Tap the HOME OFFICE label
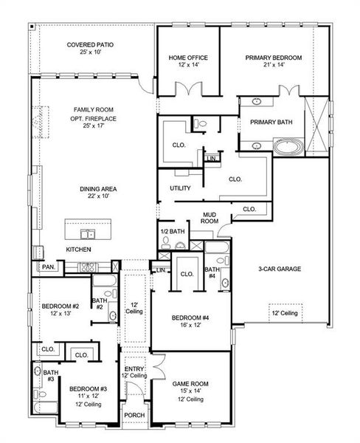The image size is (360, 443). (188, 58)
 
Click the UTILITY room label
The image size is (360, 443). (180, 188)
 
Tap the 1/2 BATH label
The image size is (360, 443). (172, 232)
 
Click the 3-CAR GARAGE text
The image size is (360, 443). (280, 269)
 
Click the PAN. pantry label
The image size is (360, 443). (48, 267)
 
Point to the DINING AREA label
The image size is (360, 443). (97, 188)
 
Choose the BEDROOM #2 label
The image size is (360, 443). (60, 306)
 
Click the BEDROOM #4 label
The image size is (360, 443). (191, 317)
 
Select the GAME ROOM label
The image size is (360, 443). (190, 384)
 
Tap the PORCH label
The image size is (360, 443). (134, 415)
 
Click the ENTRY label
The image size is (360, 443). (134, 369)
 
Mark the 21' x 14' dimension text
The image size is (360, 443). (273, 66)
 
